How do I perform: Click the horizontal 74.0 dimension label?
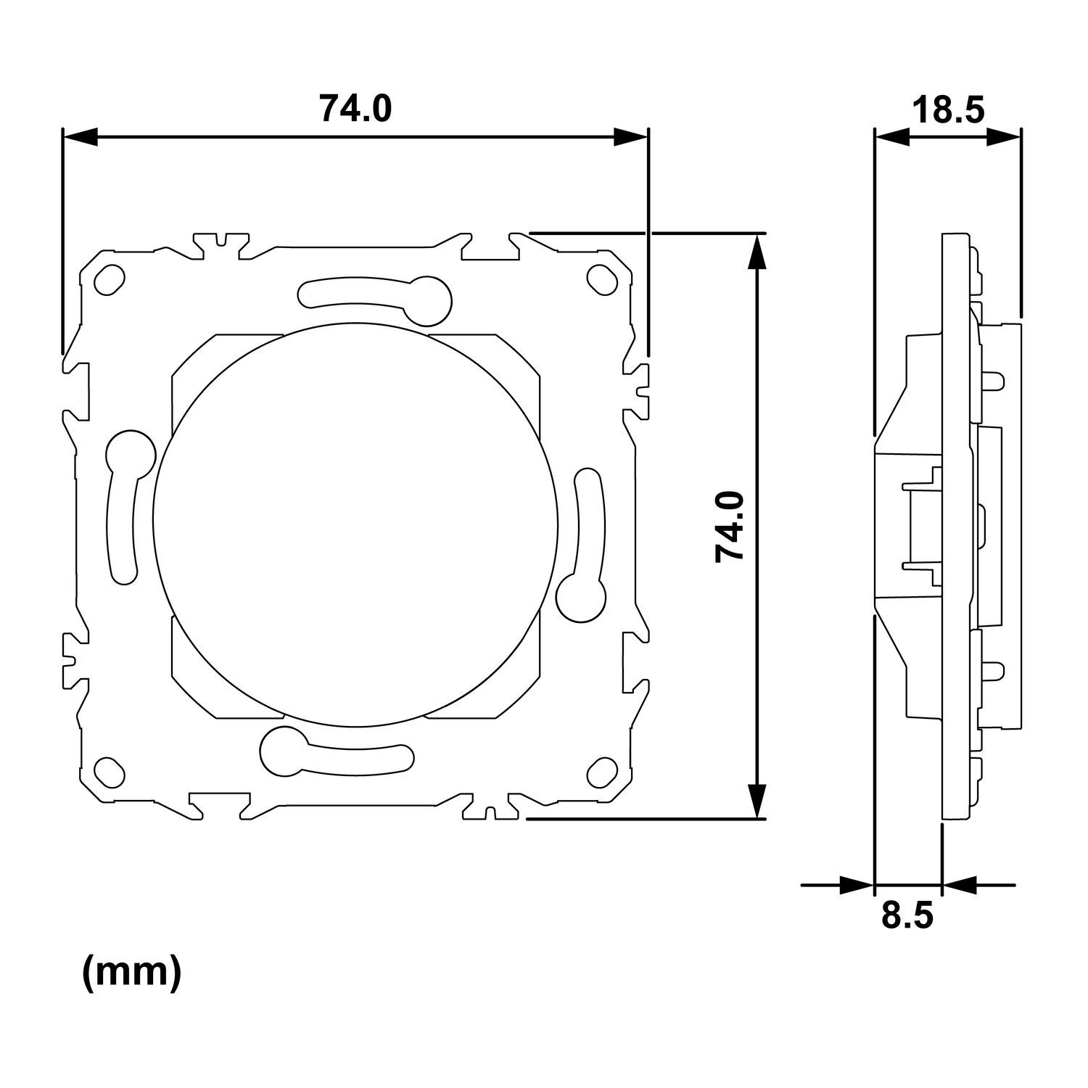[355, 109]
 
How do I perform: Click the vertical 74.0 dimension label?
[730, 526]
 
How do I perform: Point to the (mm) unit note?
[131, 973]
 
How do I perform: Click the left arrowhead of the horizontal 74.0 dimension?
[80, 136]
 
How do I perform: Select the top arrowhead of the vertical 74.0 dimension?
[757, 250]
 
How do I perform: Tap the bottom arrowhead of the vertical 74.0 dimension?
[757, 801]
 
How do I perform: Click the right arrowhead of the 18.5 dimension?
[1005, 136]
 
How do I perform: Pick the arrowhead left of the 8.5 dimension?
[857, 884]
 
